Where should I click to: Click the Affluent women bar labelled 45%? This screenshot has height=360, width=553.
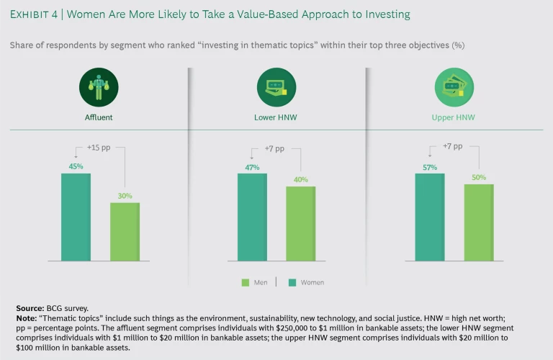pyautogui.click(x=76, y=217)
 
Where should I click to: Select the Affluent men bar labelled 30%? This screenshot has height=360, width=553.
pyautogui.click(x=125, y=231)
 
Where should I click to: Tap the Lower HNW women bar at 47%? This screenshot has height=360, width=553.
pyautogui.click(x=252, y=217)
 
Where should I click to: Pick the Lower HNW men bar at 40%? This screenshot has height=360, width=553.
pyautogui.click(x=301, y=223)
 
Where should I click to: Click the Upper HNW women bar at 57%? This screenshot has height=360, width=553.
pyautogui.click(x=429, y=217)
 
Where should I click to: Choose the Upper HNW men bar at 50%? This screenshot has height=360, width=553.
pyautogui.click(x=478, y=222)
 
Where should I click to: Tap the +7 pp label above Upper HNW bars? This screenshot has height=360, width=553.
pyautogui.click(x=452, y=148)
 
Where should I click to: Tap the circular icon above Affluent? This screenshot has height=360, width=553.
pyautogui.click(x=99, y=88)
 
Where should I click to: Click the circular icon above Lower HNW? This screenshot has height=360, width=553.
pyautogui.click(x=276, y=88)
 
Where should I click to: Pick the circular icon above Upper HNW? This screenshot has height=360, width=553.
pyautogui.click(x=454, y=88)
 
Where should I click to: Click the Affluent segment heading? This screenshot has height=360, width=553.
pyautogui.click(x=99, y=117)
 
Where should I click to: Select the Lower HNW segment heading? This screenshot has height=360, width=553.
pyautogui.click(x=276, y=117)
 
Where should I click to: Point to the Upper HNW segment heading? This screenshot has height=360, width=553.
pyautogui.click(x=454, y=117)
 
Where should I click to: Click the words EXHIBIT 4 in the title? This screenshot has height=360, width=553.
pyautogui.click(x=35, y=14)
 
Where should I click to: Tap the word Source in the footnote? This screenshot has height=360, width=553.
pyautogui.click(x=30, y=308)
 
